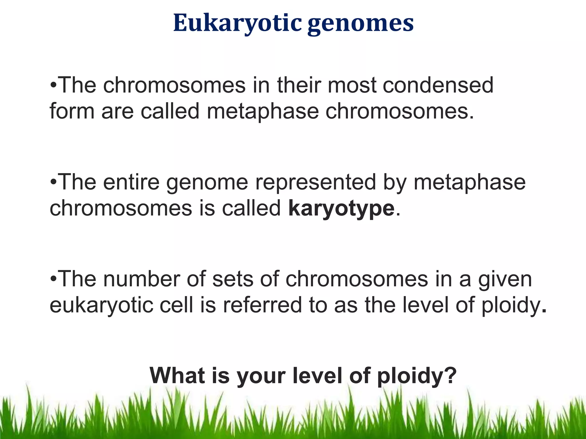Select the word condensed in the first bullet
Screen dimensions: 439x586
point(438,85)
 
